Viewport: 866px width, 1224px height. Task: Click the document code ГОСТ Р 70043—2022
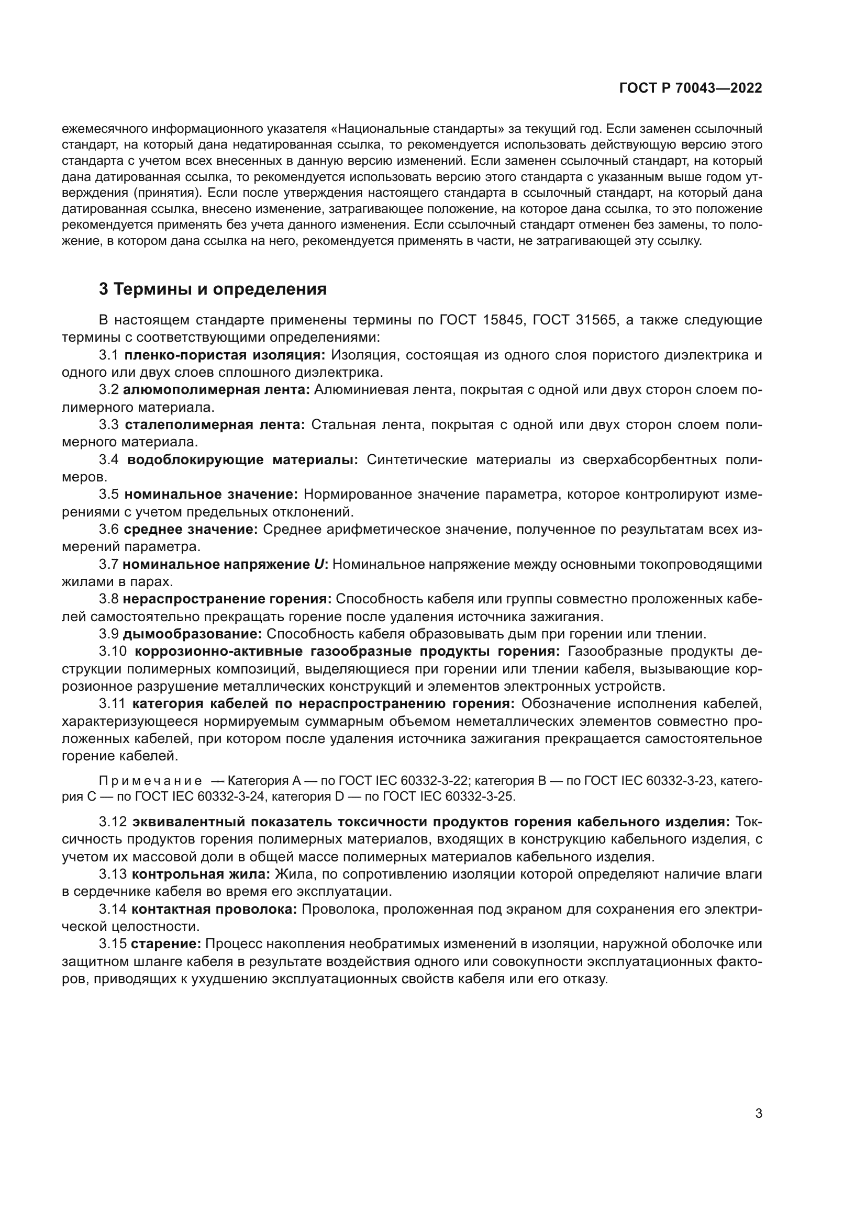[691, 88]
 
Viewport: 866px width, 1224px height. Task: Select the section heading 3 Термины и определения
[213, 289]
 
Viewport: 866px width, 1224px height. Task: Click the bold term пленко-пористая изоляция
[225, 355]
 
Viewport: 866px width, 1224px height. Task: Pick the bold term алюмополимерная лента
[216, 390]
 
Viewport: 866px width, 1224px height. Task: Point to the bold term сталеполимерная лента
[215, 425]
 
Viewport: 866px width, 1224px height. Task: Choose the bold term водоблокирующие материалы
[242, 459]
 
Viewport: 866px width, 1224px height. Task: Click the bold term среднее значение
[191, 530]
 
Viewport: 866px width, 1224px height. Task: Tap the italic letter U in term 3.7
[319, 564]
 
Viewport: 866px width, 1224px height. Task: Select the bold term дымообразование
[192, 634]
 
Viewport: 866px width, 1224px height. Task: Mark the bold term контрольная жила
[201, 874]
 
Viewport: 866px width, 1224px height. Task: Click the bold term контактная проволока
[214, 909]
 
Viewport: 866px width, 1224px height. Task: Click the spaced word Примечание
[150, 781]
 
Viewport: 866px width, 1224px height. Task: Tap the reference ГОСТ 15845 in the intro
[481, 320]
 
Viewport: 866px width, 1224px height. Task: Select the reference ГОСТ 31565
[574, 320]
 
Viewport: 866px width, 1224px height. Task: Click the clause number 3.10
[113, 652]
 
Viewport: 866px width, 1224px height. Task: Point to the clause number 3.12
[113, 822]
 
